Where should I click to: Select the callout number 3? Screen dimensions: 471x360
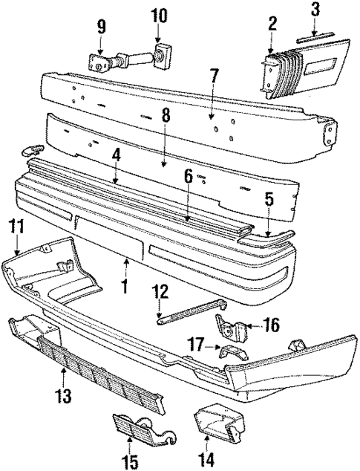click(x=315, y=9)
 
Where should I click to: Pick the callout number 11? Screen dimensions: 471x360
click(x=16, y=228)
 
